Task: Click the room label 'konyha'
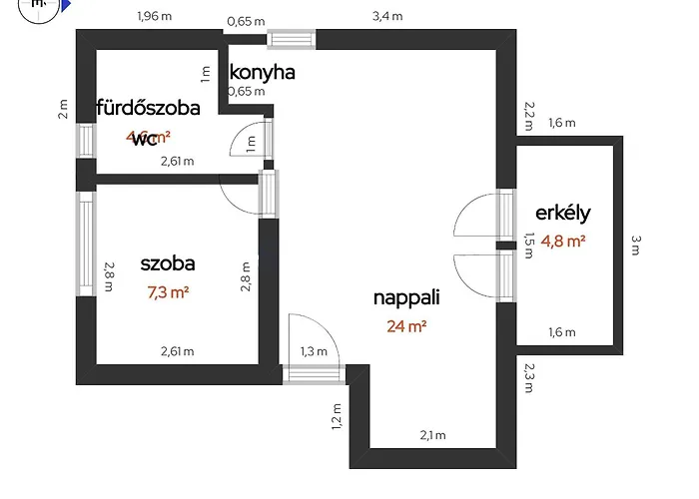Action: [263, 73]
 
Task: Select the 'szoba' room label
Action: [168, 264]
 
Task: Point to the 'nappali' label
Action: [406, 297]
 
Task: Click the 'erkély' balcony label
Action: [564, 213]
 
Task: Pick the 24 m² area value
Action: [406, 326]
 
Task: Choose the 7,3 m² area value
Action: [168, 292]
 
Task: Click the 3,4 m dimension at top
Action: [387, 16]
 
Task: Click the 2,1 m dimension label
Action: [431, 435]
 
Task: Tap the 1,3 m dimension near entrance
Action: [314, 350]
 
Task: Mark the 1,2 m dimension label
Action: [337, 414]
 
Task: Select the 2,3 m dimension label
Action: [528, 380]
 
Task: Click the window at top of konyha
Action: [293, 40]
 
